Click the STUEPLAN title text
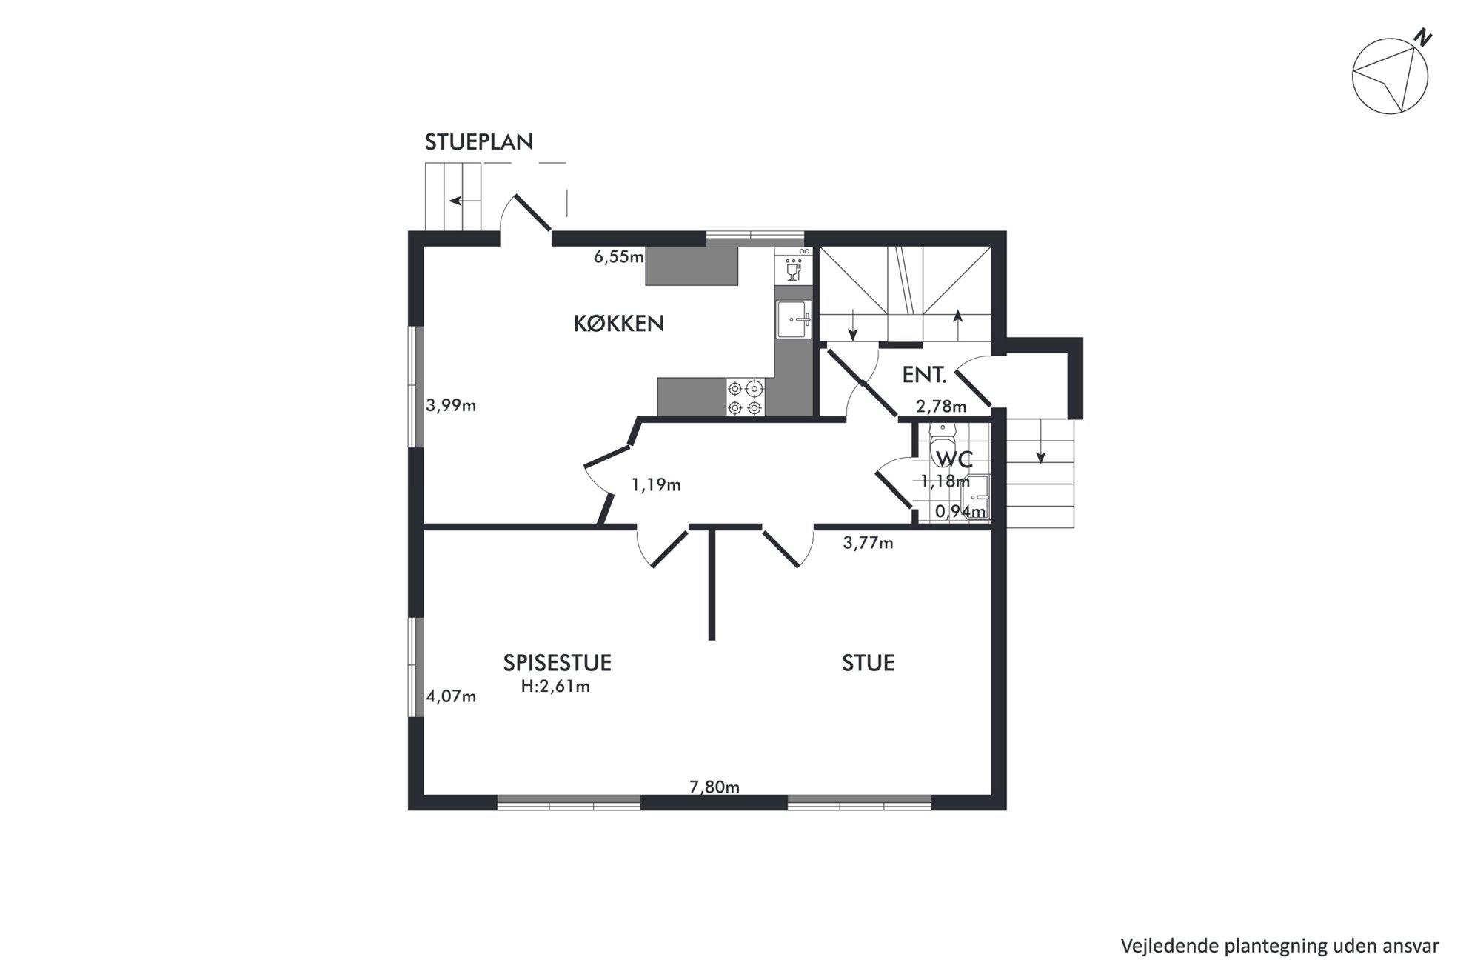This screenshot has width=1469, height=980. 478,141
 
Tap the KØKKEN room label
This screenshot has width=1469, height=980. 618,323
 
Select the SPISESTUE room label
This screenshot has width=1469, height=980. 557,662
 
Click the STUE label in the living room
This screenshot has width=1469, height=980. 868,662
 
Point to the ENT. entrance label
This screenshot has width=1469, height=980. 924,375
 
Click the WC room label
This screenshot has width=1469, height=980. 954,459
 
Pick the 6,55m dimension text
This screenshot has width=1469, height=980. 618,257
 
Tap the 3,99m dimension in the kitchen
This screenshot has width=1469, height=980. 450,405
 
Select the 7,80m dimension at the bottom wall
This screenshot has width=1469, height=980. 715,787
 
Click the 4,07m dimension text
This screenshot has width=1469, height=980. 450,696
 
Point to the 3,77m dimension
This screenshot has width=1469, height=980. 868,543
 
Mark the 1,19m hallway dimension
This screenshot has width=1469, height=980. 655,485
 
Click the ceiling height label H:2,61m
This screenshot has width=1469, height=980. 555,687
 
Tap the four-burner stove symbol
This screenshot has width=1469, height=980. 745,398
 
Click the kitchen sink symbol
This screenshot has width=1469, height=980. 793,320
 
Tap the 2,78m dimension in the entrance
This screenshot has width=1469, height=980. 941,406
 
